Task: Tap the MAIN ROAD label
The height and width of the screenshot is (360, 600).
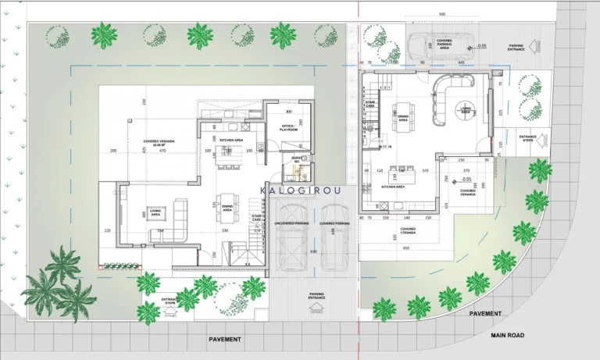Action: (x=508, y=335)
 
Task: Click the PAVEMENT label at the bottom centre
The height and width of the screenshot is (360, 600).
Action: (x=225, y=340)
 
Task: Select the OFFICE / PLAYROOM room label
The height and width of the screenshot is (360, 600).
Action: (x=289, y=129)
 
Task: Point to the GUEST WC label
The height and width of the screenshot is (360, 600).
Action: (x=297, y=160)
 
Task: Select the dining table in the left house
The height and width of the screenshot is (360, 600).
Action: (x=227, y=208)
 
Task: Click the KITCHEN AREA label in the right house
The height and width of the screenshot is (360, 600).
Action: (x=392, y=187)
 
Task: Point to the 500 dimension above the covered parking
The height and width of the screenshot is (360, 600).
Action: (x=441, y=15)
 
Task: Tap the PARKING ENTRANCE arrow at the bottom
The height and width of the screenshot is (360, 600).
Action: (x=316, y=307)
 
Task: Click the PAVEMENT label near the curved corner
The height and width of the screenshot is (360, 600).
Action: (x=485, y=312)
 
